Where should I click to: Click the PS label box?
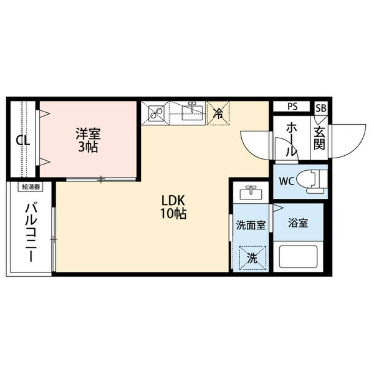pos(292,107)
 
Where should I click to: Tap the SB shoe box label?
pos(320,107)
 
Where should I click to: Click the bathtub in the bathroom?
pos(300,256)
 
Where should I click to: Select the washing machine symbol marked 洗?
pos(252,257)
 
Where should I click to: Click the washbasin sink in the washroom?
pos(251,191)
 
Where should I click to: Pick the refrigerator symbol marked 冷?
pos(219,113)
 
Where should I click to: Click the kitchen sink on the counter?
pos(193,113)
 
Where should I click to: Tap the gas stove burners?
pos(155,113)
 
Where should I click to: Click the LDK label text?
pos(174,201)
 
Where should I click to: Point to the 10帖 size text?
pos(174,213)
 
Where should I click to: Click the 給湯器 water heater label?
pos(31,186)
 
